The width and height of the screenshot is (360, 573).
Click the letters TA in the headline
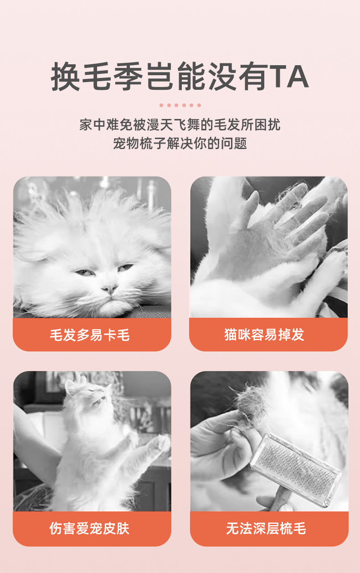pos(289,77)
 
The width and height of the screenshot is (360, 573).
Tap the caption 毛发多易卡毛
pos(90,335)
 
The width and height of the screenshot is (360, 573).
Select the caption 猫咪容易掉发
pos(264,334)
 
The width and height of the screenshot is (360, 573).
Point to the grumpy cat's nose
pos(109,289)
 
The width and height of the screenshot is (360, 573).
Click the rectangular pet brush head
pos(296,470)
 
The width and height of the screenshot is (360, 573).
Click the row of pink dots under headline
pos(180,105)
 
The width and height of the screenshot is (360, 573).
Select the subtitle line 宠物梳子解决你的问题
pos(180,143)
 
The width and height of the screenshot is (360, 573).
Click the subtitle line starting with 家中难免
pos(180,125)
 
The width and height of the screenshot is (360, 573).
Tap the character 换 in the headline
pos(66,77)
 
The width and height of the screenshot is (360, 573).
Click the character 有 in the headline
pos(253,77)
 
